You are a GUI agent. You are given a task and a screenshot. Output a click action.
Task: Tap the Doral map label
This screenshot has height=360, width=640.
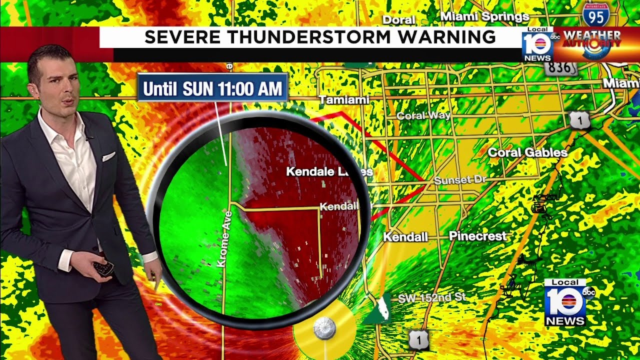click(398, 20)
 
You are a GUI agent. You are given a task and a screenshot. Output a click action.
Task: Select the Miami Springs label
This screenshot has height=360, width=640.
click(484, 17)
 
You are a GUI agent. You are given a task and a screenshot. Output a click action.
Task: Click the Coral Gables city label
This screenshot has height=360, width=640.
click(527, 152)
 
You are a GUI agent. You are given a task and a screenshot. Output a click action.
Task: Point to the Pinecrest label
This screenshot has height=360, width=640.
click(477, 236)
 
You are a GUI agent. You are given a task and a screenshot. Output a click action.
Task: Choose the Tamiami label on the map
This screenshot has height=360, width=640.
click(343, 100)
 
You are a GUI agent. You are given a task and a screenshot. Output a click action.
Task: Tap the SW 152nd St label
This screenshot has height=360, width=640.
click(431, 298)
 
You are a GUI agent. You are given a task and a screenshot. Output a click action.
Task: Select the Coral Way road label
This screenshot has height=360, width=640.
click(423, 116)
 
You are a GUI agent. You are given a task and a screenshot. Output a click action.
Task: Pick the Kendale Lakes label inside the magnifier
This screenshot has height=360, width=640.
click(329, 172)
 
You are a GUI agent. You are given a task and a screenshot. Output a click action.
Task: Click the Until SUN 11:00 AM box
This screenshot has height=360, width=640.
click(212, 88)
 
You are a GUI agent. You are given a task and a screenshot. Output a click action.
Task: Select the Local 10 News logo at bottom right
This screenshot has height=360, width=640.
click(565, 302)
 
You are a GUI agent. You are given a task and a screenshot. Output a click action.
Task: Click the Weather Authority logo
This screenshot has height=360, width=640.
click(591, 43)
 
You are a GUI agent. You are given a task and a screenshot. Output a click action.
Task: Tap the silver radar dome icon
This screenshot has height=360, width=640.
click(324, 328)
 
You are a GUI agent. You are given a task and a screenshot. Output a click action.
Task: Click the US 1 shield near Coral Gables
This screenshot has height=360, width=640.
click(579, 120)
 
